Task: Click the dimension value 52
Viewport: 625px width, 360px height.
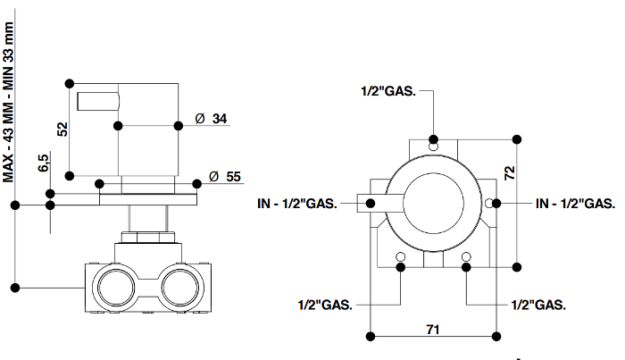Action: coord(62,130)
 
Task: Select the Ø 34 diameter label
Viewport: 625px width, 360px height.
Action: coord(211,119)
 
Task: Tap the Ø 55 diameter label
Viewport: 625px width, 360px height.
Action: coord(225,177)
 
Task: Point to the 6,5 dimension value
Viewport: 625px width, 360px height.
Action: coord(44,163)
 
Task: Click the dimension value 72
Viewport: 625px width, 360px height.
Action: coord(510,172)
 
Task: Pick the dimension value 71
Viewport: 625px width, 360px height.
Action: coord(433,330)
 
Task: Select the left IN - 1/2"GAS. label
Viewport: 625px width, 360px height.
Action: coord(297,204)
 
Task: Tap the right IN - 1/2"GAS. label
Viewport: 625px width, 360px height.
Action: coord(576,204)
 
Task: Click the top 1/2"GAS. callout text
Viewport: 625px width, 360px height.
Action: coord(388,91)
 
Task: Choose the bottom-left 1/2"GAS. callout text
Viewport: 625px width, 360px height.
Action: coord(325,306)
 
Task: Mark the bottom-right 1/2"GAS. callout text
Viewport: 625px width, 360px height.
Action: coord(538,306)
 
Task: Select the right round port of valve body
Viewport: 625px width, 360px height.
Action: coord(180,288)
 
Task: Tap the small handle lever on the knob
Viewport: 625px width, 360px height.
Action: coord(98,101)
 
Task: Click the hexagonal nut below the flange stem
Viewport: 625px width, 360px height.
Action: coord(148,238)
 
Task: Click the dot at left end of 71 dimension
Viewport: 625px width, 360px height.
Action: coord(371,337)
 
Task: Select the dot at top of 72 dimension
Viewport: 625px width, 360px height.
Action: coord(517,139)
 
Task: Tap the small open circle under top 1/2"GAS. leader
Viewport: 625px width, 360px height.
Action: coord(433,147)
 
